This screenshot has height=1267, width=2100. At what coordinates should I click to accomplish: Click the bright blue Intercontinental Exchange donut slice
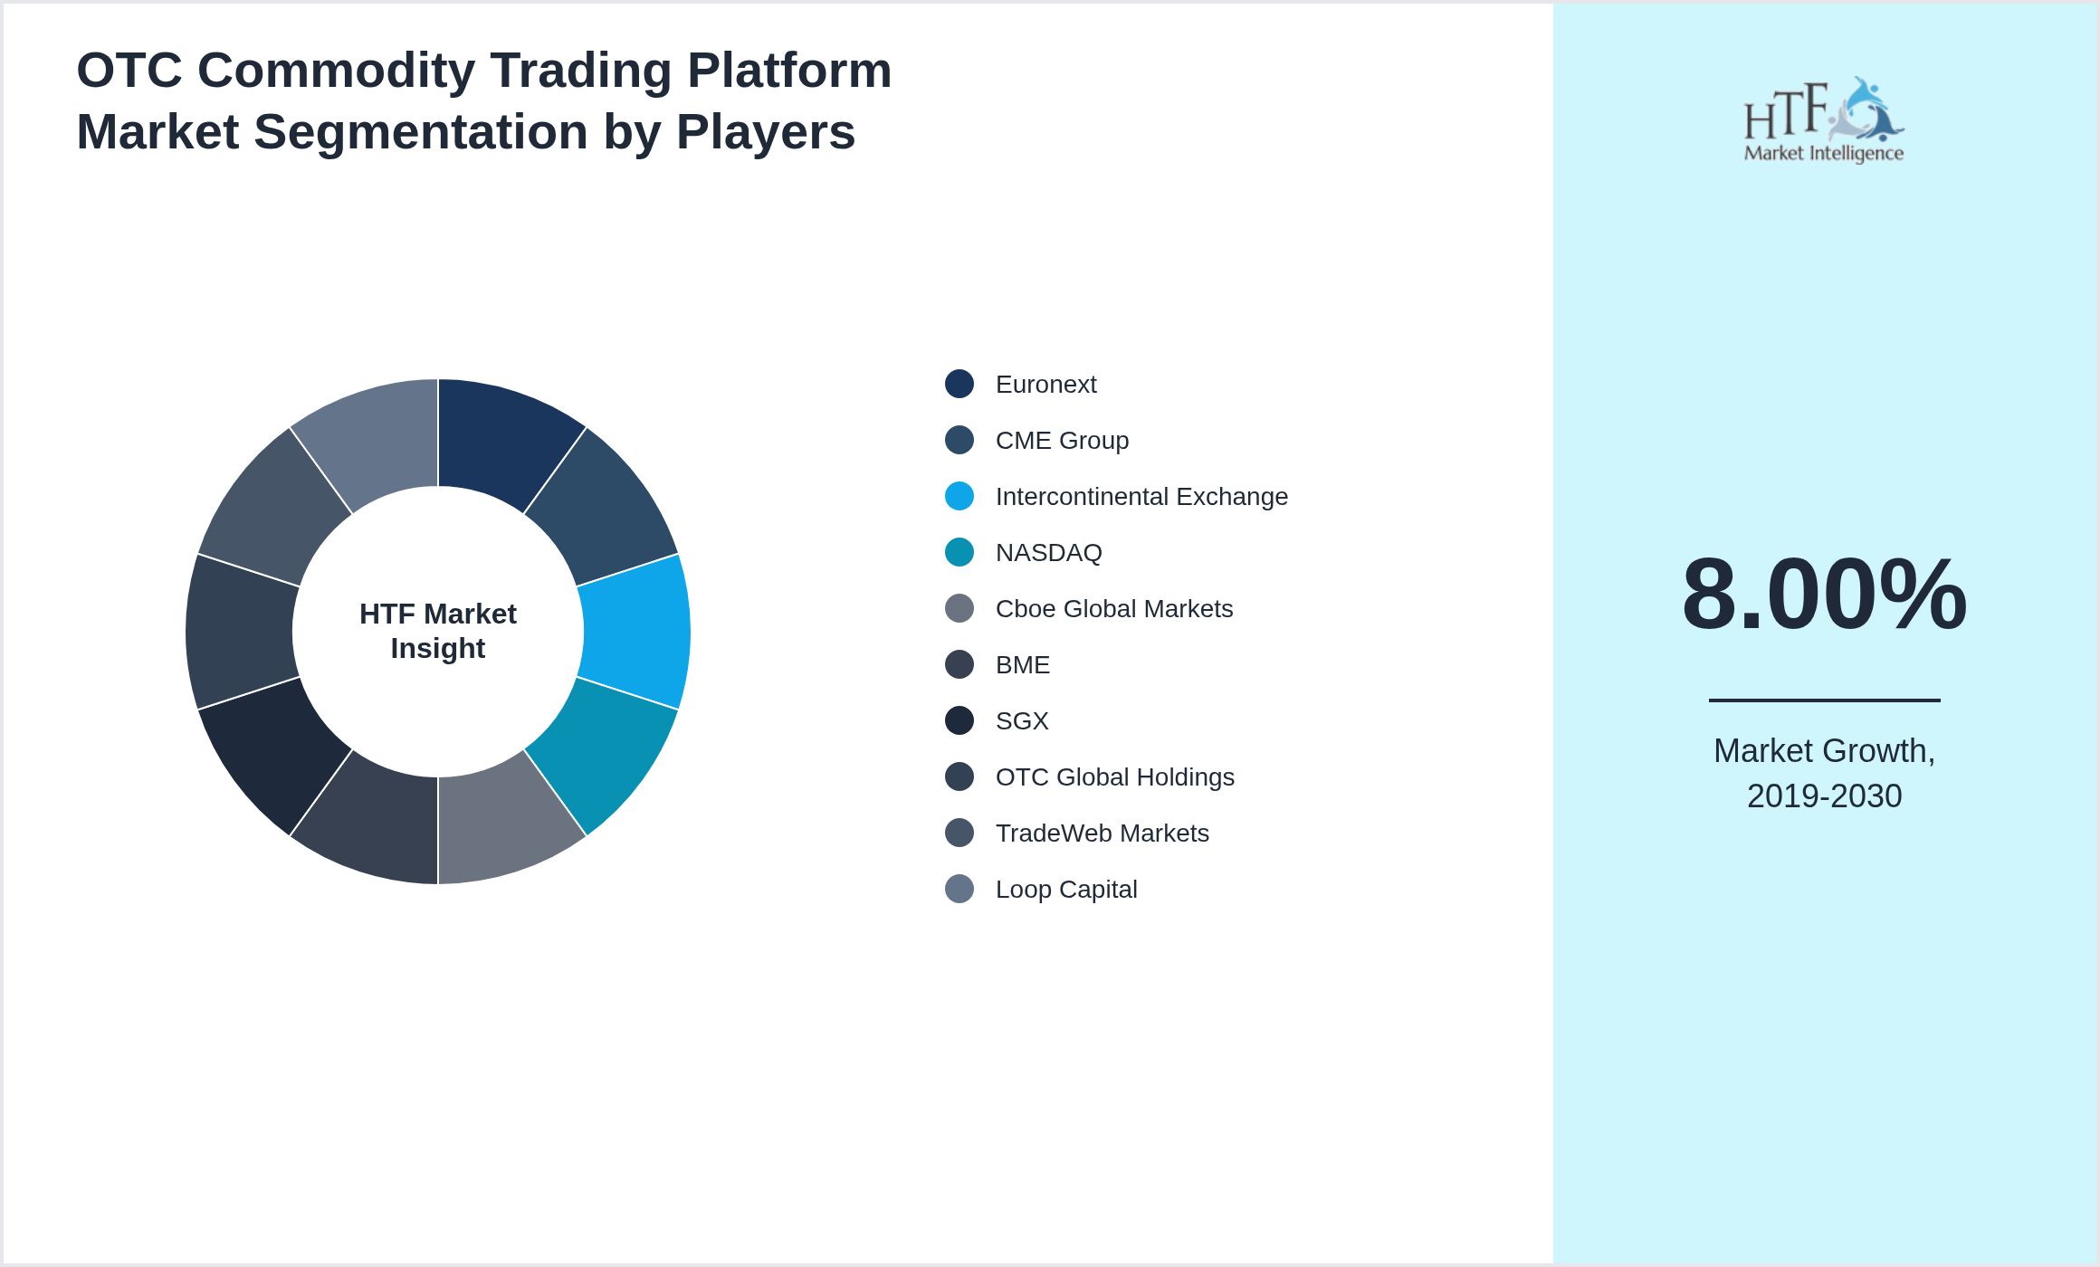point(635,632)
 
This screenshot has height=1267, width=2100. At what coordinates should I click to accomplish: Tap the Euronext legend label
point(1045,385)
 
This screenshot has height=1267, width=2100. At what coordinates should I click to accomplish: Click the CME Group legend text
point(1062,441)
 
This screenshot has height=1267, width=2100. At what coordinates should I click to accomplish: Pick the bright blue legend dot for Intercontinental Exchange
point(959,497)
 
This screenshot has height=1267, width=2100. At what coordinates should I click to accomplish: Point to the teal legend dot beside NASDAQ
point(959,553)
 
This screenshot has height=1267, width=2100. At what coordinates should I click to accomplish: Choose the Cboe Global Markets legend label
point(1113,609)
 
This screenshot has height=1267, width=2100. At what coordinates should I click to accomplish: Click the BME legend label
point(1022,665)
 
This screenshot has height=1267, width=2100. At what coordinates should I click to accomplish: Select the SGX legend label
point(1021,721)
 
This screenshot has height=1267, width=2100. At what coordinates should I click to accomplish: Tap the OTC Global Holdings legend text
point(1114,777)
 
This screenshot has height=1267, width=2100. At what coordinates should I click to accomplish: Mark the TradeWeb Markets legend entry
point(1102,834)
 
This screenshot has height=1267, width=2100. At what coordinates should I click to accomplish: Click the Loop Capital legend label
point(1065,890)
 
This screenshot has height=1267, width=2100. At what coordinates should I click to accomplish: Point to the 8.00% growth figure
point(1824,595)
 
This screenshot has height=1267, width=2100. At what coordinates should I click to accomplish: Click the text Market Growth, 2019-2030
point(1824,774)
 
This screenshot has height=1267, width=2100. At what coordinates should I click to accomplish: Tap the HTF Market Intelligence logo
point(1823,120)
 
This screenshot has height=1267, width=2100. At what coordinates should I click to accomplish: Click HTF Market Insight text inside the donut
point(438,631)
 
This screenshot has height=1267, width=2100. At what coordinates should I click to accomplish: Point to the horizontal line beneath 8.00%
point(1824,700)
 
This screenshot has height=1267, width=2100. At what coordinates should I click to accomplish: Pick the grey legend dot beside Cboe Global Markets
point(959,609)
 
